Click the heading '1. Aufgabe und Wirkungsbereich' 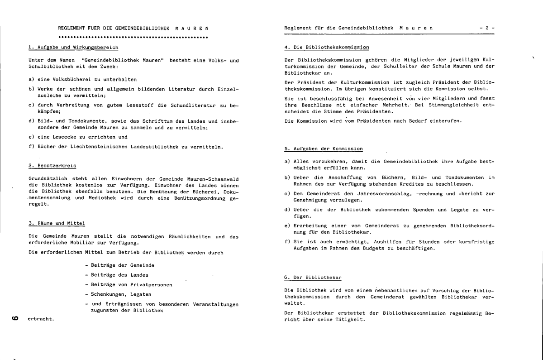pos(73,47)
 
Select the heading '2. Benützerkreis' pos(52,166)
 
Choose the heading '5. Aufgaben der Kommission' pos(324,149)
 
